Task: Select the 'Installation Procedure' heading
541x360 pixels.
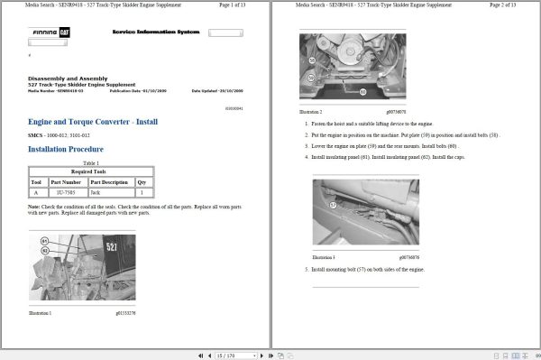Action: pos(66,149)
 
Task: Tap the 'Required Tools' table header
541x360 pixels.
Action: pos(90,170)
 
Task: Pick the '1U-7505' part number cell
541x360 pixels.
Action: pos(65,192)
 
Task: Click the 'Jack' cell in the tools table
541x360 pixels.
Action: pos(96,192)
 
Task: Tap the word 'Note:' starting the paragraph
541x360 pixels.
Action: pos(33,206)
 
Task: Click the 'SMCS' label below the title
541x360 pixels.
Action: pos(36,134)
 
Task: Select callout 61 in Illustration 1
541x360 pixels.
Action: pos(44,241)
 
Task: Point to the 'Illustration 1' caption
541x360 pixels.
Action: pos(40,312)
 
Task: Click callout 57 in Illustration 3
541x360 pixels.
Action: pos(332,205)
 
